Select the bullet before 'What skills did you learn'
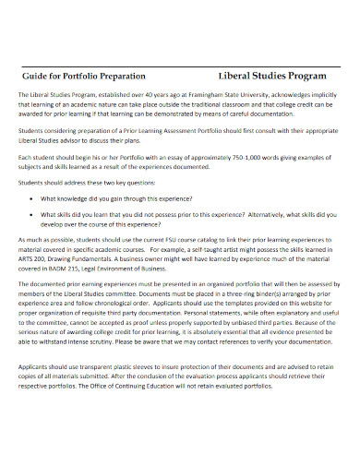pos(34,214)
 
